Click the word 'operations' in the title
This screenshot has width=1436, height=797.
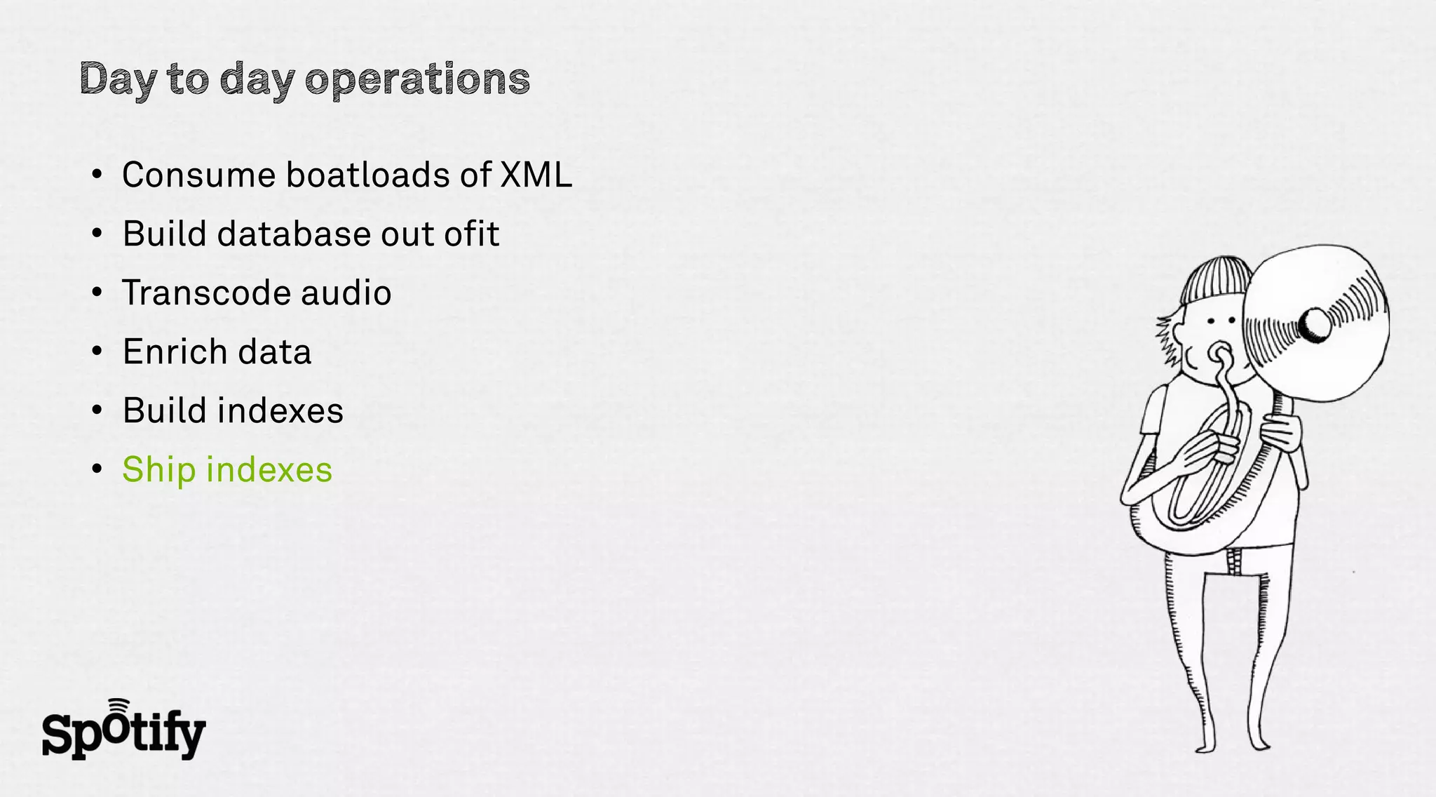[x=418, y=79]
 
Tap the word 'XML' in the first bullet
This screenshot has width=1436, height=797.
[x=536, y=175]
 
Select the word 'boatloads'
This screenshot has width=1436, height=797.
[x=367, y=175]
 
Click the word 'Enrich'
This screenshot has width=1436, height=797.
[x=165, y=351]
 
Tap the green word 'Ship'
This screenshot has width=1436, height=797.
[x=158, y=470]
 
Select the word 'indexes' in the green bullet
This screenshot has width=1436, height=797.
[x=269, y=469]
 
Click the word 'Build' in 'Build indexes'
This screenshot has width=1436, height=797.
[x=164, y=410]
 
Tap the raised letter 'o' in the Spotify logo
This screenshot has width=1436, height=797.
[x=118, y=727]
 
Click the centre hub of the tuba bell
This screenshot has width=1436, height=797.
[x=1314, y=324]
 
